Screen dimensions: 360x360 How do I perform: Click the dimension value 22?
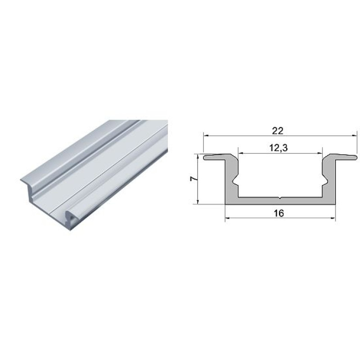tap(278, 131)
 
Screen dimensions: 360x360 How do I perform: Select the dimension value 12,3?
tap(279, 148)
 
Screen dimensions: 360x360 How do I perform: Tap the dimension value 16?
tap(279, 213)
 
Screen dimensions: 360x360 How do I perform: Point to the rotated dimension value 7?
tap(193, 179)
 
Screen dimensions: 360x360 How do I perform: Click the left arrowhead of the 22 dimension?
tap(206, 136)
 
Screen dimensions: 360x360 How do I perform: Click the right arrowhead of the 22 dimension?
tap(355, 136)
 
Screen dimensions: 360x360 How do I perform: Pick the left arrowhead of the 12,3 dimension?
tap(241, 153)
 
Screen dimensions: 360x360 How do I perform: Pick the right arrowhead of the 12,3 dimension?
tap(320, 153)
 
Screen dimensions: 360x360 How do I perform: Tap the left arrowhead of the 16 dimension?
tap(228, 218)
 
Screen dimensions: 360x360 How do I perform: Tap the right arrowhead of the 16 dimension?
tap(333, 218)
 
